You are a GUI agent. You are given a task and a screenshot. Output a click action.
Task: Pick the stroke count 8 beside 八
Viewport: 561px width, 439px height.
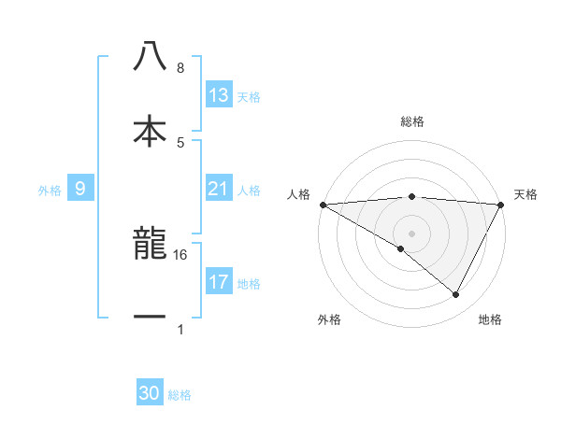(x=180, y=68)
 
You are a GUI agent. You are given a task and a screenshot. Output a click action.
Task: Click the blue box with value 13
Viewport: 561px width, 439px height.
(x=218, y=95)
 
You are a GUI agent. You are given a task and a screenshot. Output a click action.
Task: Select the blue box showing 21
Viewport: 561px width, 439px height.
(x=218, y=189)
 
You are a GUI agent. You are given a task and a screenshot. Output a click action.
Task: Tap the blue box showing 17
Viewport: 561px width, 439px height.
(x=218, y=282)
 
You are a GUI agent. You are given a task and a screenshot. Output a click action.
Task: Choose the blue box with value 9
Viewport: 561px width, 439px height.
(x=80, y=189)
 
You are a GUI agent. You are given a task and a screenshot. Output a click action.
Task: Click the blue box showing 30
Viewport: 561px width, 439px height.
(x=150, y=394)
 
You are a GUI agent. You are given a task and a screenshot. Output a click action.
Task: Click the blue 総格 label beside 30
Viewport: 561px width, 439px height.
(x=180, y=395)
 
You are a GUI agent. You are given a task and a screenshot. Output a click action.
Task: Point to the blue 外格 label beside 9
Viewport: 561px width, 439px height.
(x=50, y=190)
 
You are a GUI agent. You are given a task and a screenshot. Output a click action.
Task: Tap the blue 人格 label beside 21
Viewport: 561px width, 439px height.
(x=249, y=190)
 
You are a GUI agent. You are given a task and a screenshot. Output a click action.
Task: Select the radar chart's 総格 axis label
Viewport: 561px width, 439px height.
(x=411, y=121)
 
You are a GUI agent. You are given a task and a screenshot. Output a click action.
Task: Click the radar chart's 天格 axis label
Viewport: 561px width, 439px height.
(x=526, y=194)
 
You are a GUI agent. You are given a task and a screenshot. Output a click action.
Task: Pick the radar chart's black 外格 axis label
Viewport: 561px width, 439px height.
(x=329, y=319)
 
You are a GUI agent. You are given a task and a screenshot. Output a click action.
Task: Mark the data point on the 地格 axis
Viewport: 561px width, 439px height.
(x=456, y=295)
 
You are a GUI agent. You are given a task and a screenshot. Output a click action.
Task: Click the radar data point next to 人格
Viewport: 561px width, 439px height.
(x=323, y=204)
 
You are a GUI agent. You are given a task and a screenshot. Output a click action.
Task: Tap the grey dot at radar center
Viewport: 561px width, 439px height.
(x=411, y=233)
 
